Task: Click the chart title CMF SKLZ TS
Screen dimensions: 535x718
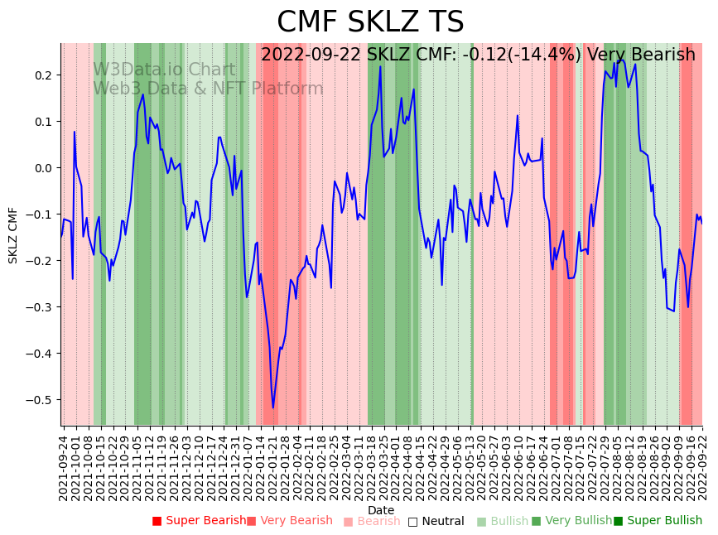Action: click(x=370, y=22)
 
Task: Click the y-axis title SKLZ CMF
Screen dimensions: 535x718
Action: click(x=13, y=235)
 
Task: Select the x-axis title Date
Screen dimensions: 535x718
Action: click(x=381, y=510)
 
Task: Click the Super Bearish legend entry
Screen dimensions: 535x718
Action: click(x=199, y=521)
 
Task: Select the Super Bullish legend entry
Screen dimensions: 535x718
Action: click(x=658, y=521)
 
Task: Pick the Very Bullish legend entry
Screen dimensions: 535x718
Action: click(x=571, y=521)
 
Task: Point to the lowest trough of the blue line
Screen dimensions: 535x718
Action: click(x=273, y=407)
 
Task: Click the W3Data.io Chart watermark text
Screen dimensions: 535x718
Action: click(x=164, y=70)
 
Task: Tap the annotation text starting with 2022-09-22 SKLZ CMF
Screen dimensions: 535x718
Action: click(x=478, y=55)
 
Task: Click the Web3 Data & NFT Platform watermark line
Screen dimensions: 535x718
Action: click(x=208, y=89)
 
